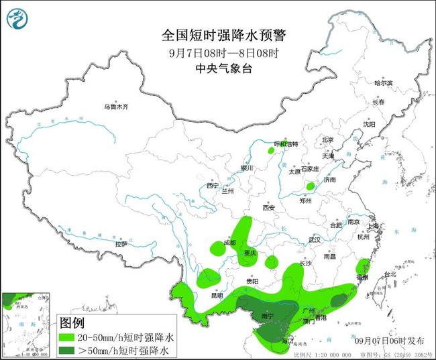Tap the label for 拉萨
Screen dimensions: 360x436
pyautogui.click(x=121, y=244)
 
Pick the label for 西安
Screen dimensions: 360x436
pyautogui.click(x=269, y=208)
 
